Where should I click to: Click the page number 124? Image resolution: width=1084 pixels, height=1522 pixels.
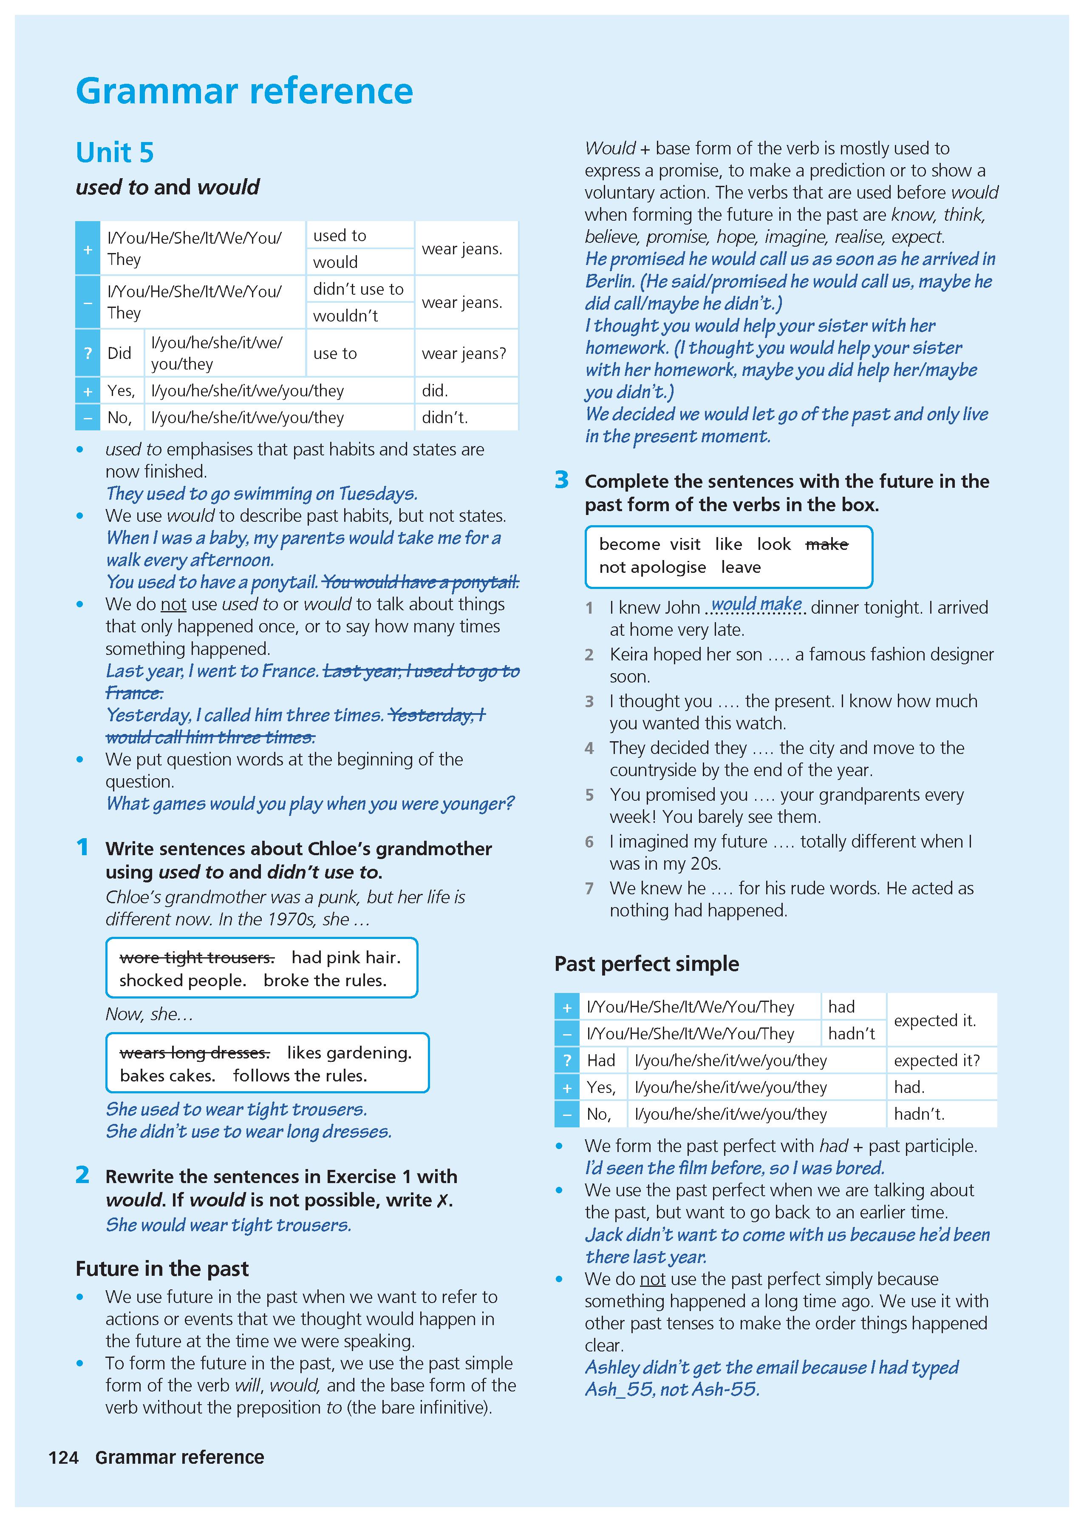coord(63,1457)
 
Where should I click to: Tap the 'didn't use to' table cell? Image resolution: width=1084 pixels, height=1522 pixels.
coord(359,289)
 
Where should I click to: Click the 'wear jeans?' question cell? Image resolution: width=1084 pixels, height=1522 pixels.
coord(464,353)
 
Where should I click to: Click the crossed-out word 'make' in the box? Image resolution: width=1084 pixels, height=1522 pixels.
coord(827,544)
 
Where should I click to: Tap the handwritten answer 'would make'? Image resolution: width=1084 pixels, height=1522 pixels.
coord(756,604)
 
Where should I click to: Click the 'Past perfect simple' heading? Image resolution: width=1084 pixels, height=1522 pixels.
coord(646,964)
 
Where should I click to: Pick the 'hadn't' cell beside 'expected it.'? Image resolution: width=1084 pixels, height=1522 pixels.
coord(851,1034)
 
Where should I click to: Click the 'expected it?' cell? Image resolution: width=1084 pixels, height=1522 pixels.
coord(937,1061)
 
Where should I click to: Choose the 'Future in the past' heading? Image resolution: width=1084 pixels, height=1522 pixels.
coord(162,1268)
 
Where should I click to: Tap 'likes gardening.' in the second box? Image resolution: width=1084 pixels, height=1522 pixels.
coord(349,1053)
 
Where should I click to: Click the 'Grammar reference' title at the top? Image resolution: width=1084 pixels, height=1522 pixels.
coord(244,91)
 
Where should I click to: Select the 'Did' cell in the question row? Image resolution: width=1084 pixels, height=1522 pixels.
coord(119,353)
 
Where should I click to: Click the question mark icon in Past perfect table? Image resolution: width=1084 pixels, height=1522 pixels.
coord(567,1061)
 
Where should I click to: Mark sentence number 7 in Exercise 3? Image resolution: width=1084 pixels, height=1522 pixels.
coord(589,889)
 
